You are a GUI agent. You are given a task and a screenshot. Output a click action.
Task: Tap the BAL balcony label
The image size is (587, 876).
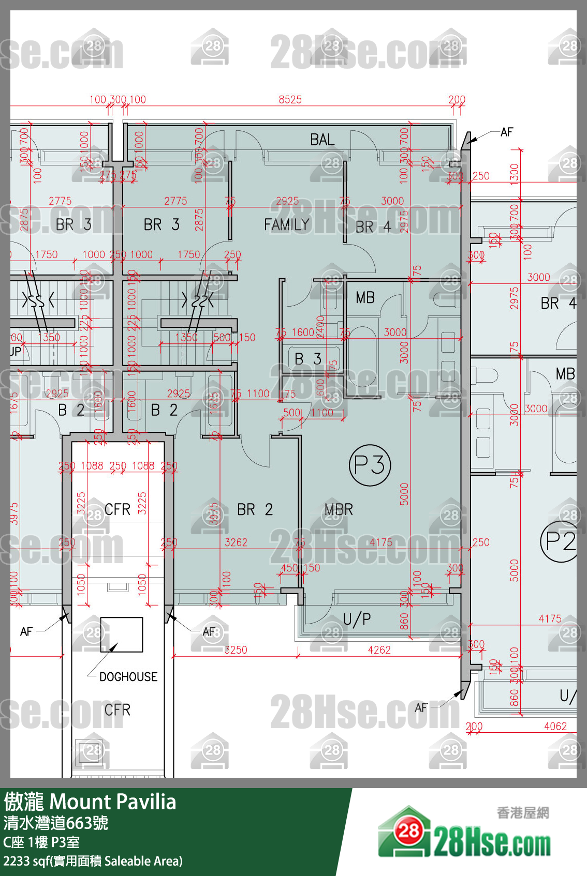pos(322,140)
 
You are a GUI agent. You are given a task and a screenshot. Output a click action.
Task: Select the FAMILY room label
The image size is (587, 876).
pos(286,224)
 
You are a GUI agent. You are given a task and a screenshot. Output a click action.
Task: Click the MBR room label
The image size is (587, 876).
pos(339,509)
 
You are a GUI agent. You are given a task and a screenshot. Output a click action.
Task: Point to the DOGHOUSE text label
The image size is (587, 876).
pos(128,676)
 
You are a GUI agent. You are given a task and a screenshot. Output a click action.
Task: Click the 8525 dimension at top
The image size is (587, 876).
pos(290,99)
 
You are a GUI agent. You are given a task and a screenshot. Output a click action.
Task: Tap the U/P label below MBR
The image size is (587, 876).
pos(357,619)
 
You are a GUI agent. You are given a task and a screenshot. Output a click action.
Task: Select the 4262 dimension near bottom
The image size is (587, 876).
pos(379,650)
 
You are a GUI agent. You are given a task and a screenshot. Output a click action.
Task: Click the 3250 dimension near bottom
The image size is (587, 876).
pos(236,650)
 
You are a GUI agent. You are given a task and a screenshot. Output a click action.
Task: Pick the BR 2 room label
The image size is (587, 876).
pos(255,509)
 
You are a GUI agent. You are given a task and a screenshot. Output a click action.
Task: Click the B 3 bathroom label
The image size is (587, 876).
pos(308,358)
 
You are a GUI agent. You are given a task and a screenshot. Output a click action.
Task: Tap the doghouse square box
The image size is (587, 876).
pos(121,634)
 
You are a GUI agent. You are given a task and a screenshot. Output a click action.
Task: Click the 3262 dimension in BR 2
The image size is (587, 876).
pos(236,542)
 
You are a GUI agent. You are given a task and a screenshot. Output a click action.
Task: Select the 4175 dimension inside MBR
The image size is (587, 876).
pos(380,542)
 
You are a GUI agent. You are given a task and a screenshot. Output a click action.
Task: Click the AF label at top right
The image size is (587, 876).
pos(506,132)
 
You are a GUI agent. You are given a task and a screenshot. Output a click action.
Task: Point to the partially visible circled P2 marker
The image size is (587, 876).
pos(560,541)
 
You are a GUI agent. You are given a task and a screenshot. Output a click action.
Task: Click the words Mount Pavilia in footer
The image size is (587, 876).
pos(113,802)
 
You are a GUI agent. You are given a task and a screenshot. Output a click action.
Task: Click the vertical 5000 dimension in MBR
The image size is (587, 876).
pos(404,494)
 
